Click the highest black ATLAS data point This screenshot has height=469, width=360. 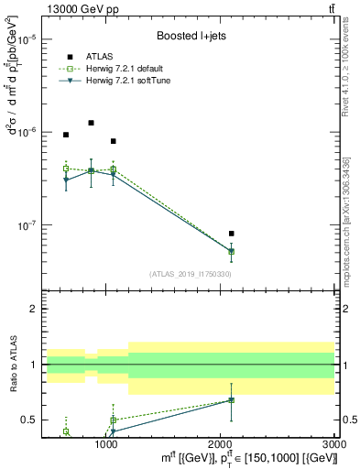point(91,123)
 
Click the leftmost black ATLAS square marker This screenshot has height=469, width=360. point(66,135)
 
